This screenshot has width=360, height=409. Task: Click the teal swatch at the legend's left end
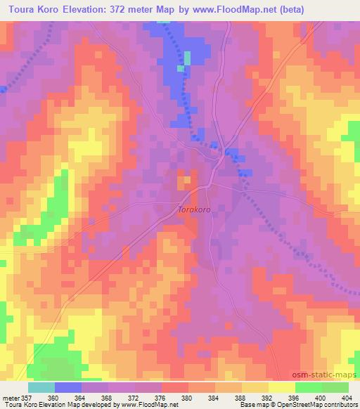(42, 387)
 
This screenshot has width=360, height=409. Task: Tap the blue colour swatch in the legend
(69, 387)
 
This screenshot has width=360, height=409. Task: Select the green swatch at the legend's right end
(335, 387)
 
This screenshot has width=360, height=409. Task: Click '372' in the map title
(149, 9)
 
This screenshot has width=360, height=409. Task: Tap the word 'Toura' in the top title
(23, 9)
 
